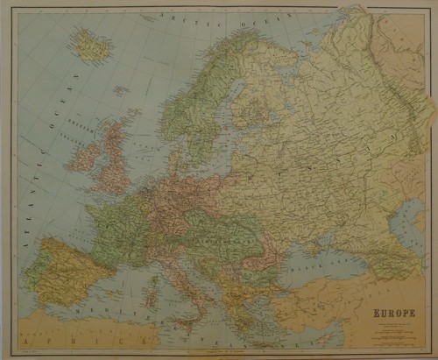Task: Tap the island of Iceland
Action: point(91,45)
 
